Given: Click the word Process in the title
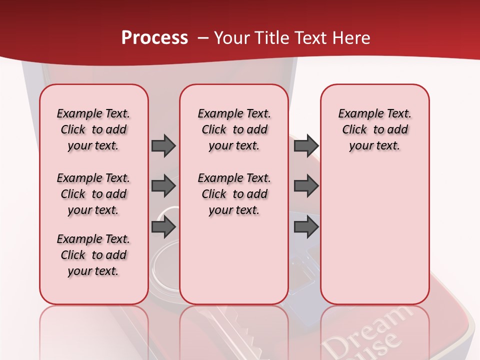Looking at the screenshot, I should tap(154, 38).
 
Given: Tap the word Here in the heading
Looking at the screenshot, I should tap(352, 38).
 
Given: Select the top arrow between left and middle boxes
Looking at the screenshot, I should tap(163, 145).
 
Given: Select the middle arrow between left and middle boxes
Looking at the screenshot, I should tap(163, 186).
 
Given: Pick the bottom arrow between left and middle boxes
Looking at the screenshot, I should tap(163, 227).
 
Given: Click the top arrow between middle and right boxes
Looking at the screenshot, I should tap(306, 145).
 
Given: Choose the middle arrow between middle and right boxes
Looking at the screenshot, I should tap(306, 186).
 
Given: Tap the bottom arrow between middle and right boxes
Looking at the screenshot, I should tap(306, 227).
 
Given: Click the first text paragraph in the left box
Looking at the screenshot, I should tap(93, 129).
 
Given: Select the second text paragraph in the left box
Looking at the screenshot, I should tap(93, 194).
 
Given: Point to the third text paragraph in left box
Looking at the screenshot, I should tap(93, 255).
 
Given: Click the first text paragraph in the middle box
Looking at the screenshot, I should tap(234, 129).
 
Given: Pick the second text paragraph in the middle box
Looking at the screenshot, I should tap(234, 194).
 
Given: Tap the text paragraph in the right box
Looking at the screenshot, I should tap(374, 129).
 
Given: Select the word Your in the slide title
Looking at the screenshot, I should tap(232, 38).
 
